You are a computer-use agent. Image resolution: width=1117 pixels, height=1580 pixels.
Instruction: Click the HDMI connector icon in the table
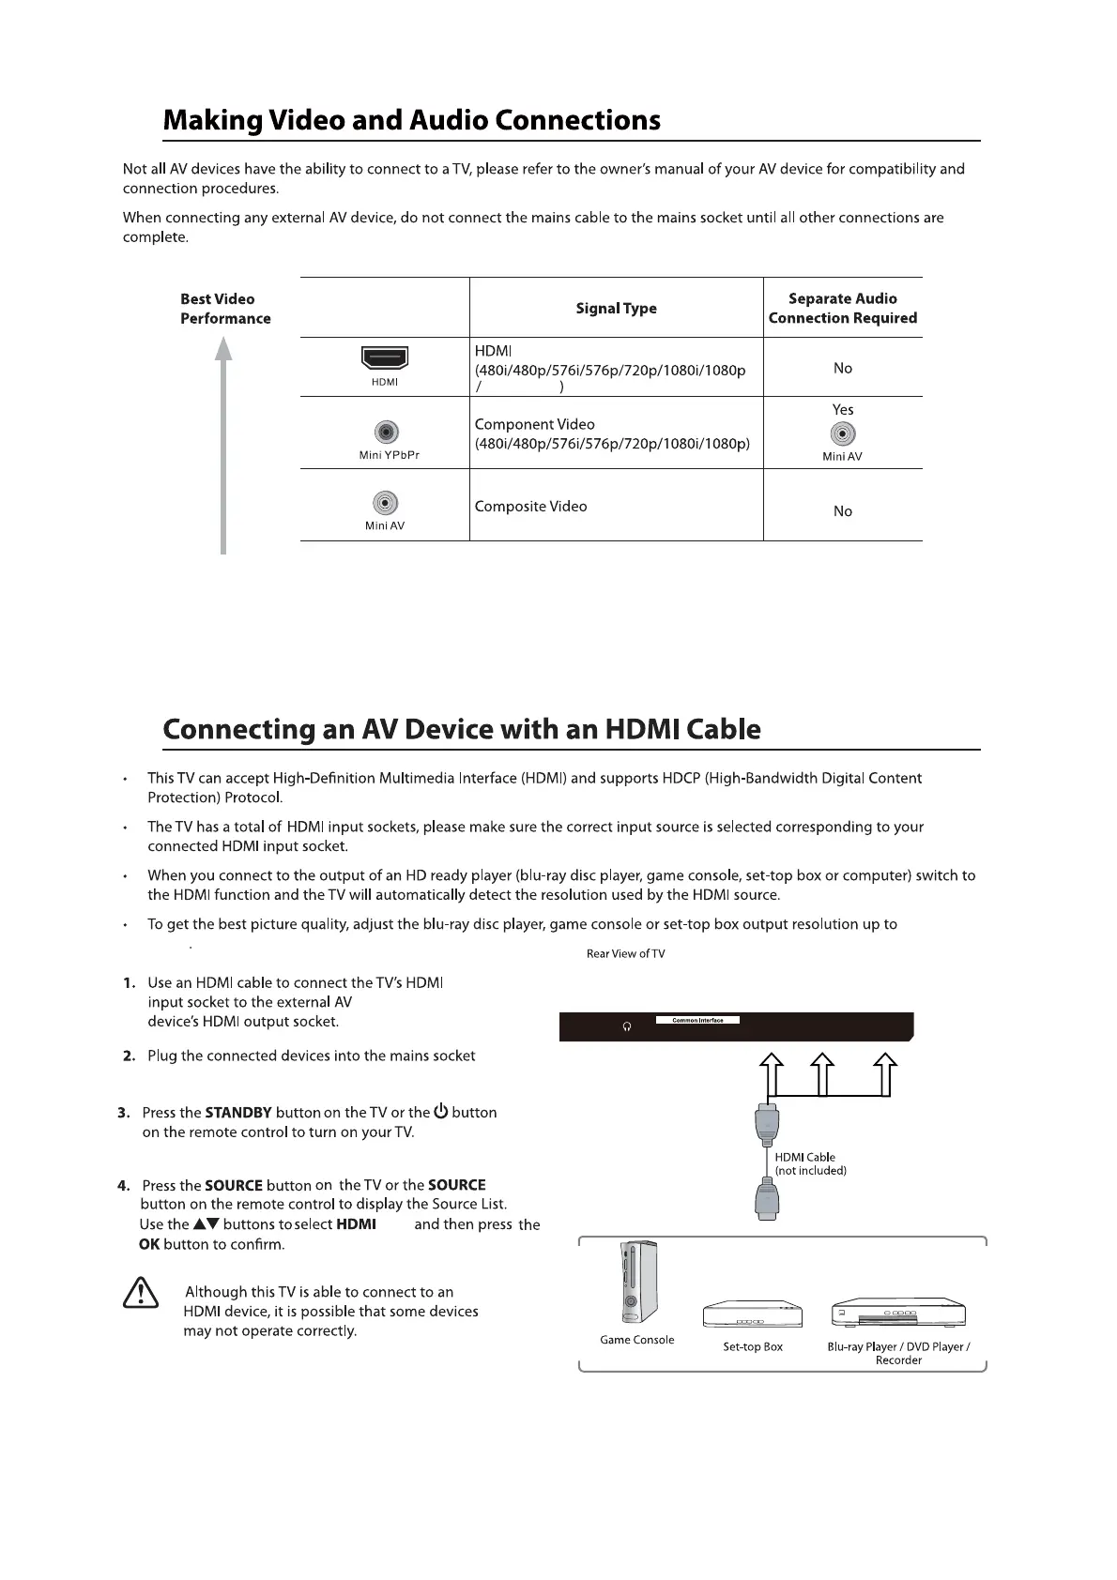tap(384, 357)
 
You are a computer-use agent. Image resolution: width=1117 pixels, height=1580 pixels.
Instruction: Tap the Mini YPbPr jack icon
tap(386, 433)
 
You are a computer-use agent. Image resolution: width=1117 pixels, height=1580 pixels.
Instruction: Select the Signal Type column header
tap(616, 308)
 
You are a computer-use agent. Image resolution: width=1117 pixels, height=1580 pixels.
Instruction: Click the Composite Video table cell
tap(530, 507)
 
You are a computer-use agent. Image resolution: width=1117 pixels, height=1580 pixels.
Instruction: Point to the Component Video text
tap(534, 424)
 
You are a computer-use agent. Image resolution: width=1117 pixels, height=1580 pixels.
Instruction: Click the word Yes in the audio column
tap(843, 409)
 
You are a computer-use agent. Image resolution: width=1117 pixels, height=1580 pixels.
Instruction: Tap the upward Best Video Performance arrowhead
tap(223, 349)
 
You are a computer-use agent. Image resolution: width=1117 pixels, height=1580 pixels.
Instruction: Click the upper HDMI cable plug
tap(767, 1122)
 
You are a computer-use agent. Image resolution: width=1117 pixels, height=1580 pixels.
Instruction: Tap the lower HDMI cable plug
tap(767, 1202)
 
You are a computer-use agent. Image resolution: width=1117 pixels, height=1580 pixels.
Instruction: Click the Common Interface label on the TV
tap(697, 1020)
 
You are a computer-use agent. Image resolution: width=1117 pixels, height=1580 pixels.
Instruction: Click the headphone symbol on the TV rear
tap(627, 1026)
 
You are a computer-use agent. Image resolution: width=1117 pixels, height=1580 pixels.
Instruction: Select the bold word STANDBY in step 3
tap(238, 1113)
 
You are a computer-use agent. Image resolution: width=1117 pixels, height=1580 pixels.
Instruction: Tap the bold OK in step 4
tap(149, 1244)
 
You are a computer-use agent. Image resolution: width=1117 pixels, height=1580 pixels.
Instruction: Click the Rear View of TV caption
tap(625, 953)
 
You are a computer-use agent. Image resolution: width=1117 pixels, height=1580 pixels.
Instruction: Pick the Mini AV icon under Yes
tap(843, 434)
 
